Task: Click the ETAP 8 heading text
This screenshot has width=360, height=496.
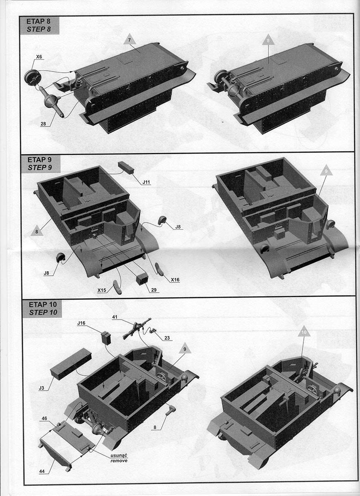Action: tap(38, 21)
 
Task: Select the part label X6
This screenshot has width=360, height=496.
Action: tap(39, 57)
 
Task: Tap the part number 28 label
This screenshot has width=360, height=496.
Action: tap(43, 124)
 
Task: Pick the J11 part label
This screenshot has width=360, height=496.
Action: tap(146, 182)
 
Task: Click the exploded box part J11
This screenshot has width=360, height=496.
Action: tap(126, 168)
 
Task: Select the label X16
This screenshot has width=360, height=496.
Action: tap(175, 280)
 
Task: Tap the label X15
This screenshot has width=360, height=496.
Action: tap(102, 290)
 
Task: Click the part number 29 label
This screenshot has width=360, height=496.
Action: tap(154, 290)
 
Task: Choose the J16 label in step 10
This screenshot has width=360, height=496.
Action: tap(81, 323)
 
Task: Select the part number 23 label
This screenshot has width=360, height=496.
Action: tap(167, 338)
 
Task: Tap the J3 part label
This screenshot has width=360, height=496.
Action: tap(41, 388)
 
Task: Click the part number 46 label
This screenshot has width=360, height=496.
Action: tap(44, 418)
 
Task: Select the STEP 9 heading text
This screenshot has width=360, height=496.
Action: tap(40, 168)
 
